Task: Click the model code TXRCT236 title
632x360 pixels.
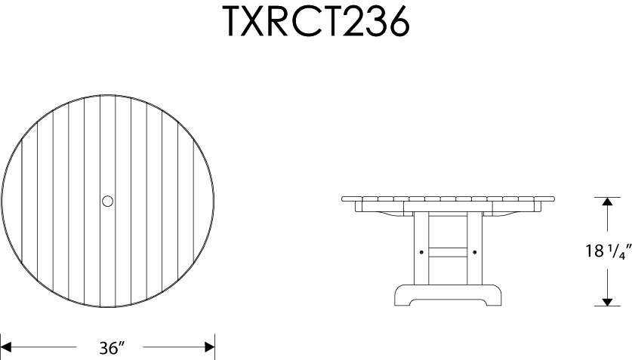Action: pos(316,22)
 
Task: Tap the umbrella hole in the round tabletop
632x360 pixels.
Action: pos(107,201)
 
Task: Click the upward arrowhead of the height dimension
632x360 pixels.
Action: pos(607,202)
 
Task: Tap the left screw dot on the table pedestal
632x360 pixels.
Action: pos(421,251)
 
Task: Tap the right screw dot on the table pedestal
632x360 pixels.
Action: pos(474,251)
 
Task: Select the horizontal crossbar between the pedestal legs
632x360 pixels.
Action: pos(448,251)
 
